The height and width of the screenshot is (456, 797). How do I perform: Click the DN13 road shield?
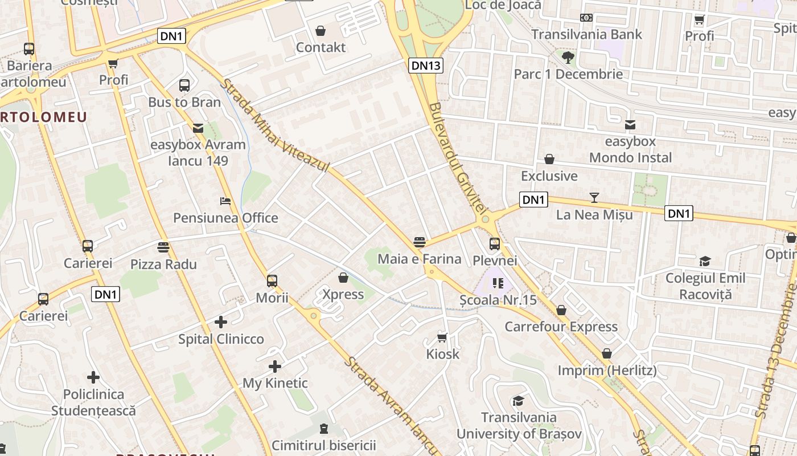point(426,66)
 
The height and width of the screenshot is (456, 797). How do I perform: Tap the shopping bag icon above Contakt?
point(321,30)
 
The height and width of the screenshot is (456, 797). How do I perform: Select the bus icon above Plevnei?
point(495,244)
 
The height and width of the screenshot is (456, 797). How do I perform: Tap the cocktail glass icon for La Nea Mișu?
point(594,198)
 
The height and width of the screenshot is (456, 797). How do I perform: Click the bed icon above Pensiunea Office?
point(225,201)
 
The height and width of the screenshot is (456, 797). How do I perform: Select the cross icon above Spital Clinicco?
point(221,322)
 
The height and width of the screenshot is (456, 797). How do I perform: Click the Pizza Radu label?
point(163,264)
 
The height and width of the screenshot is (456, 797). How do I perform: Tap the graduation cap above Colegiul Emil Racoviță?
point(705,262)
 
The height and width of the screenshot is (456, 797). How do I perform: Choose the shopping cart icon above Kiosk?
point(442,337)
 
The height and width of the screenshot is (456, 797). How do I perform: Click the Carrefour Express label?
point(561,327)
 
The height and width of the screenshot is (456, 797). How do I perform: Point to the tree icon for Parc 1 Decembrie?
point(568,57)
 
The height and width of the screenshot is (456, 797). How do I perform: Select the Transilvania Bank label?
point(586,34)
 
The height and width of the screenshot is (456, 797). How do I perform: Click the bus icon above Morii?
point(272,280)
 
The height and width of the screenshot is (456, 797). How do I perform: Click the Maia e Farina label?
point(420,259)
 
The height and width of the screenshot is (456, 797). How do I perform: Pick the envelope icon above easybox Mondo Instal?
point(630,125)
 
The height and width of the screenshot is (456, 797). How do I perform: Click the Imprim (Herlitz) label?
point(607,370)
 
